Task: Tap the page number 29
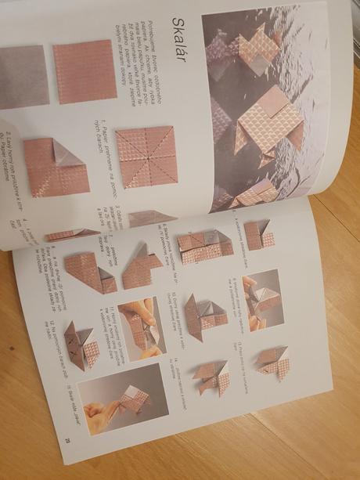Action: click(x=67, y=442)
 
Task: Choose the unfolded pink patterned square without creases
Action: click(x=85, y=72)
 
